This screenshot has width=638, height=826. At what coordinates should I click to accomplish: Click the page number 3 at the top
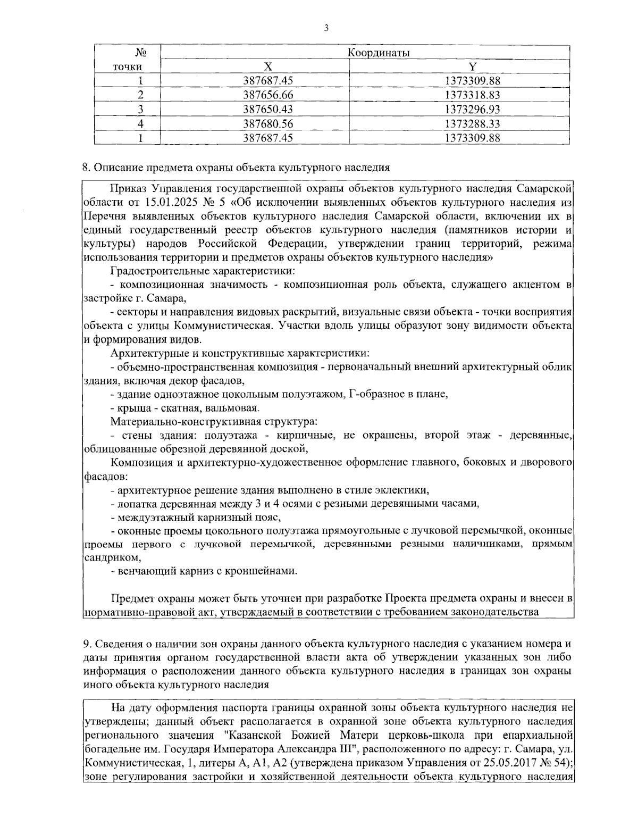(x=325, y=28)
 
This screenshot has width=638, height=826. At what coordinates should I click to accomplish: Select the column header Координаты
(x=378, y=52)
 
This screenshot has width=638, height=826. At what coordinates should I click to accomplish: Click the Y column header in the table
(x=472, y=66)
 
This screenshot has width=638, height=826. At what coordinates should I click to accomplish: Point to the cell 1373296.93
(x=472, y=110)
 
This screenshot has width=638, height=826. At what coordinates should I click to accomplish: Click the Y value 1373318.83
(x=472, y=95)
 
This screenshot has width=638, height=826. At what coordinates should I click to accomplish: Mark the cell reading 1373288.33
(x=472, y=124)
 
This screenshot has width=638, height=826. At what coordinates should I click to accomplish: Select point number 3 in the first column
(x=141, y=110)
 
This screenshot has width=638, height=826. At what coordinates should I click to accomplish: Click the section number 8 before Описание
(x=85, y=168)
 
